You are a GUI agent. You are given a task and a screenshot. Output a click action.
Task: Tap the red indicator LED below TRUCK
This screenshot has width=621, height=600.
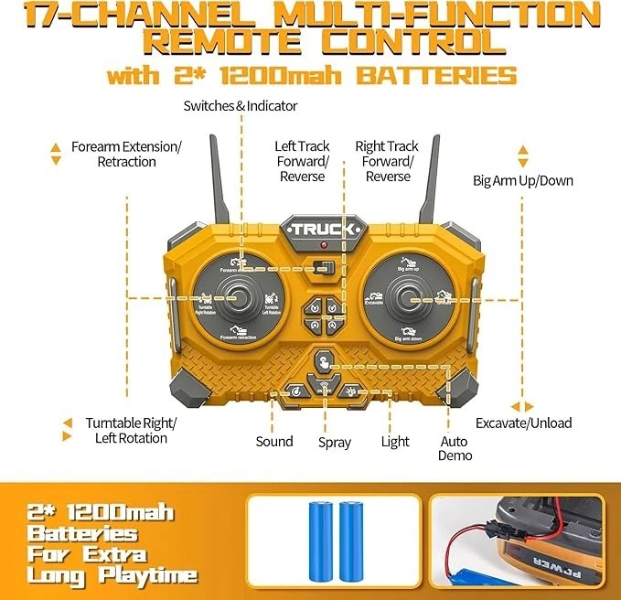coord(322,248)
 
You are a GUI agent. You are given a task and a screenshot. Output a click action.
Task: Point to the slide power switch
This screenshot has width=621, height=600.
coord(320,268)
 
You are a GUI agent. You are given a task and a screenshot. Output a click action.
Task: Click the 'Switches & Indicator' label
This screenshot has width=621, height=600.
coord(241,106)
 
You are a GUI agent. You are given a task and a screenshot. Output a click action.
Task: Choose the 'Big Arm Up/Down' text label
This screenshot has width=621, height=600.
coord(522,180)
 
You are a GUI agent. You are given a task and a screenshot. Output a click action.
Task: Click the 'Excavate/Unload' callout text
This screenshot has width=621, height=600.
coord(523,423)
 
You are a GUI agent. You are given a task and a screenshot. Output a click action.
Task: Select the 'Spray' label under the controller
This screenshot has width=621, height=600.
coord(335,443)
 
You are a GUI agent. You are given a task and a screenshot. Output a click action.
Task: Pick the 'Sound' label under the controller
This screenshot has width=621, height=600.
coord(274,442)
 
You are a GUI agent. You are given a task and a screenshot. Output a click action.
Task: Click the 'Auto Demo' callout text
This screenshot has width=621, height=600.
coord(455,447)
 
